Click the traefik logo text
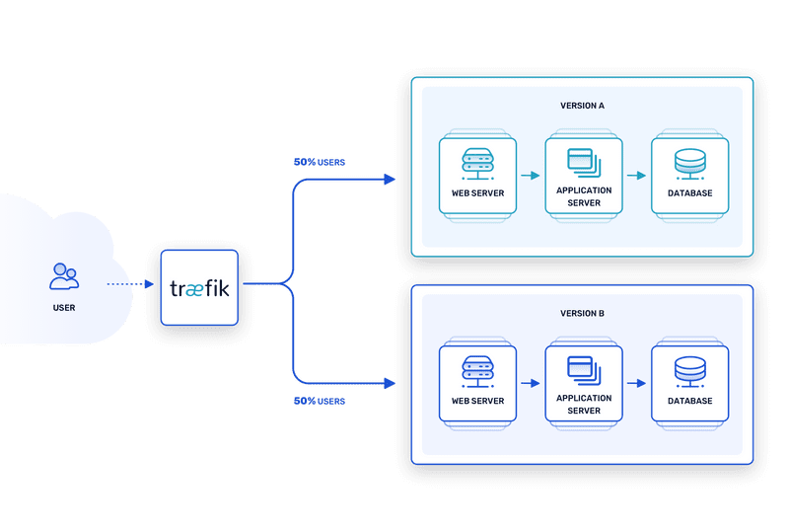click(x=199, y=289)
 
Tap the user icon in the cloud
click(x=64, y=276)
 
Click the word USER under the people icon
click(x=64, y=308)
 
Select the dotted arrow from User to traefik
click(x=129, y=284)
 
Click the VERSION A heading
click(x=582, y=105)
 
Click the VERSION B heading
click(x=582, y=313)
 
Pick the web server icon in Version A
click(x=477, y=162)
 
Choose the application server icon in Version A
click(x=584, y=160)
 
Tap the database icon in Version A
click(x=689, y=162)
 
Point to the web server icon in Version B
click(x=477, y=370)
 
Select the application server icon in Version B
click(x=584, y=368)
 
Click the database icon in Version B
click(x=689, y=370)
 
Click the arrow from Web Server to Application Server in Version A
click(x=531, y=176)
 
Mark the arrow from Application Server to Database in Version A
click(x=636, y=176)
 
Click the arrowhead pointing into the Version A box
click(x=390, y=180)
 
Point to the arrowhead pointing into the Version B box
click(x=390, y=384)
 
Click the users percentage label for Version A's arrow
click(x=319, y=161)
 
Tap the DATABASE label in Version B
click(x=689, y=402)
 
